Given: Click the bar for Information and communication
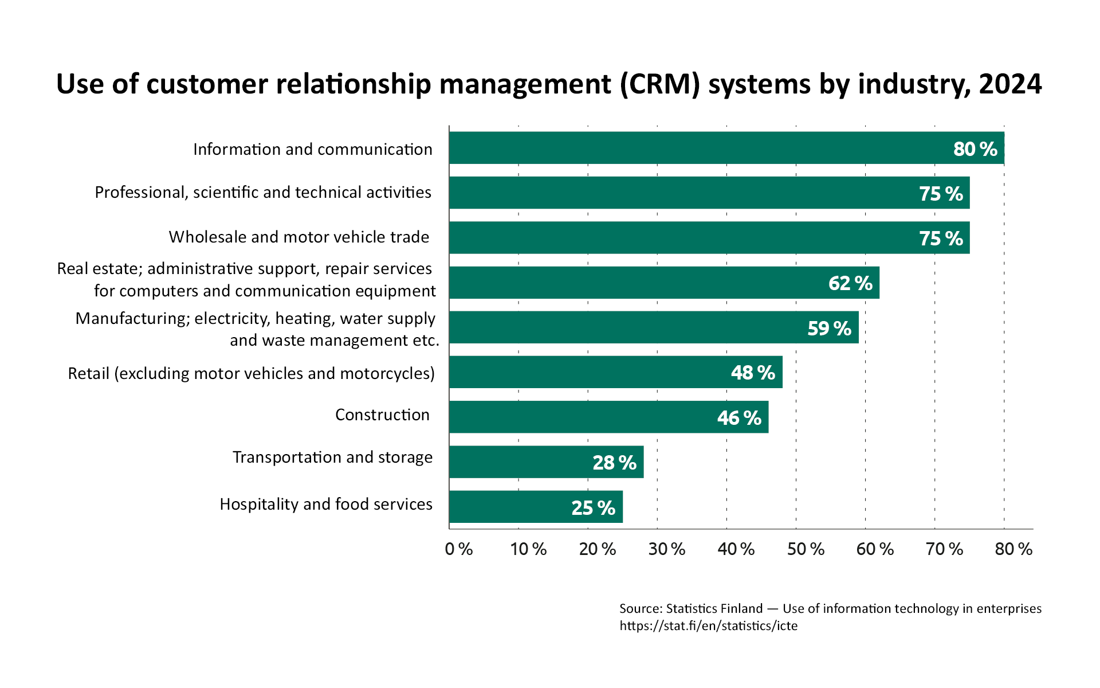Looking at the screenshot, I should point(726,148).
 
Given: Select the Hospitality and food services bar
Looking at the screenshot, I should point(536,507).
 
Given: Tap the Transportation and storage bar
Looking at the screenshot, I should point(546,462).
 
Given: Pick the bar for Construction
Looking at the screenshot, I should point(608,417).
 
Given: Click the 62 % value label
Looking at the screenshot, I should point(850,283).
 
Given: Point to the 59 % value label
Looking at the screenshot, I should point(829,328).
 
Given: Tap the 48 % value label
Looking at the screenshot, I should point(753,373).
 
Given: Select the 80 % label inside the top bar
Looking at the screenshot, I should point(975,149).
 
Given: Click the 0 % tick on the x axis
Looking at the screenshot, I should point(458,549).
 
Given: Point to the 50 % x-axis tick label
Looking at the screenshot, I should point(805,549).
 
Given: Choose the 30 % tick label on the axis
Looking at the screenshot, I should point(666,549).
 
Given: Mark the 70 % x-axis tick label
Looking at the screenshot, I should point(944,549).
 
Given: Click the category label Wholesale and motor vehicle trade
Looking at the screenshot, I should point(298,237).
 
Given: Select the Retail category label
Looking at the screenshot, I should point(251,373).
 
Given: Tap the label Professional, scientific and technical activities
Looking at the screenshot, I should point(263,192).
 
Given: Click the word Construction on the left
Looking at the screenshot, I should point(382,415).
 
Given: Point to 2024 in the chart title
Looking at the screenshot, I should point(1010,84).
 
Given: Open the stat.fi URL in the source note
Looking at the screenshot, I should point(708,626).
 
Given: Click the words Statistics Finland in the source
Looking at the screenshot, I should point(714,608).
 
